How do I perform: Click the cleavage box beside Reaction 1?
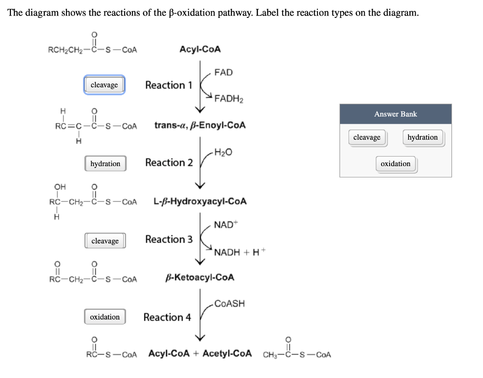(104, 85)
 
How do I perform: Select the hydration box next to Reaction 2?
(105, 164)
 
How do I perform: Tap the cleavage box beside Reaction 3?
(105, 241)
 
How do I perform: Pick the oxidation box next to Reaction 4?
(105, 317)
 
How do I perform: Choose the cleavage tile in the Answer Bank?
(367, 137)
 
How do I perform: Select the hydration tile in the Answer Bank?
(422, 137)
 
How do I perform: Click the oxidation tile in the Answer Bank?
(395, 164)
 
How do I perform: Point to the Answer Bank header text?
(395, 114)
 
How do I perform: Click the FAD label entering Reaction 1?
(223, 72)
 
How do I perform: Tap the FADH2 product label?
(229, 99)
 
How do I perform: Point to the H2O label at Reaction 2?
(223, 152)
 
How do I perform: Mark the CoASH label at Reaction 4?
(229, 303)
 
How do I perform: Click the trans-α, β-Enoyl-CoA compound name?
(200, 126)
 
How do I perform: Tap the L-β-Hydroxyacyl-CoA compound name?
(200, 202)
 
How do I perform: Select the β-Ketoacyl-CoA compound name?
(200, 277)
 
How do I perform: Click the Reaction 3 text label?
(169, 239)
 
